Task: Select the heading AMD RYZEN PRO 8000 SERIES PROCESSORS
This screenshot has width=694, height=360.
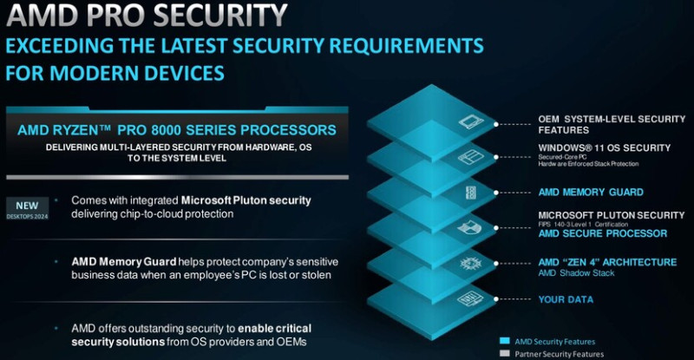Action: pos(177,130)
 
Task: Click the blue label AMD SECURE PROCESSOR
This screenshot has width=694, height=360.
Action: pos(602,233)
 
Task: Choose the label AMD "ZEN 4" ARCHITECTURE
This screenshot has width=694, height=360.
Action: pos(606,262)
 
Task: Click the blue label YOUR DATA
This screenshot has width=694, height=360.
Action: pos(566,299)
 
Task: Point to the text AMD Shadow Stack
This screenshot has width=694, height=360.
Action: pos(575,273)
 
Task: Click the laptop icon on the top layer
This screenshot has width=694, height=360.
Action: pos(470,122)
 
